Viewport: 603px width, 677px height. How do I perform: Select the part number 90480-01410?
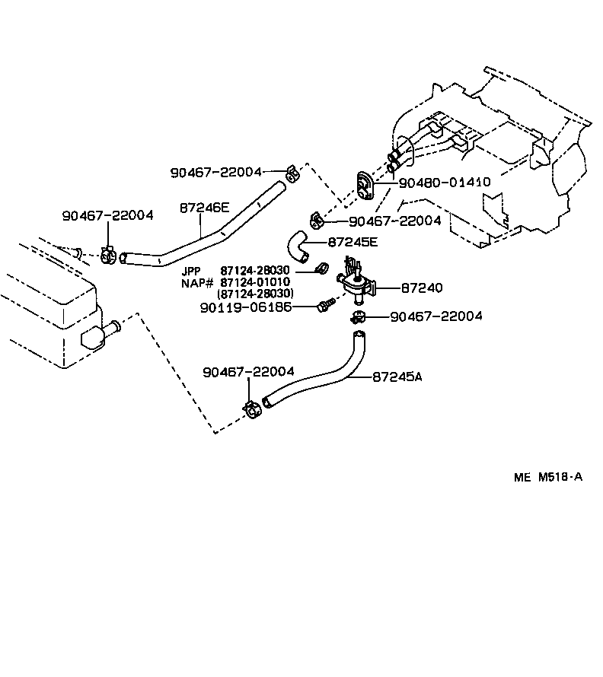coord(445,183)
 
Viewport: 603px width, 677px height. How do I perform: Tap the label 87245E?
coord(353,243)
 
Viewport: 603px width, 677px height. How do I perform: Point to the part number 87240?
coord(421,288)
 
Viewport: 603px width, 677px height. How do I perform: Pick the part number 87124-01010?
coord(254,282)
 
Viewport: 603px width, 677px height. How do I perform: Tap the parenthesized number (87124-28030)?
coord(256,294)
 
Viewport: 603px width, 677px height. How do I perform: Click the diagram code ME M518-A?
coord(547,477)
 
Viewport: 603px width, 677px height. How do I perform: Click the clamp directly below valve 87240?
coord(358,316)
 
